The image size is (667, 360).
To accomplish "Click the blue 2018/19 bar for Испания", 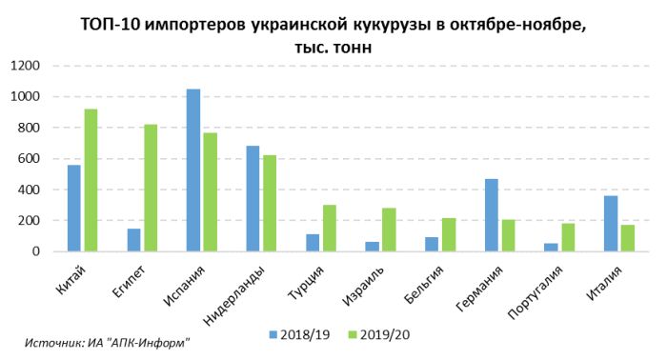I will tap(193, 170).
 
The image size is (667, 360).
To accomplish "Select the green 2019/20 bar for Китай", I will tap(91, 180).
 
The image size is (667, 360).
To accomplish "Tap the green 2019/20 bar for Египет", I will tap(150, 188).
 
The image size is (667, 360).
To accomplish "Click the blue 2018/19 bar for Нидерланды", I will tap(253, 199).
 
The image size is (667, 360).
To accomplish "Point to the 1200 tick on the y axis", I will tap(26, 66).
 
